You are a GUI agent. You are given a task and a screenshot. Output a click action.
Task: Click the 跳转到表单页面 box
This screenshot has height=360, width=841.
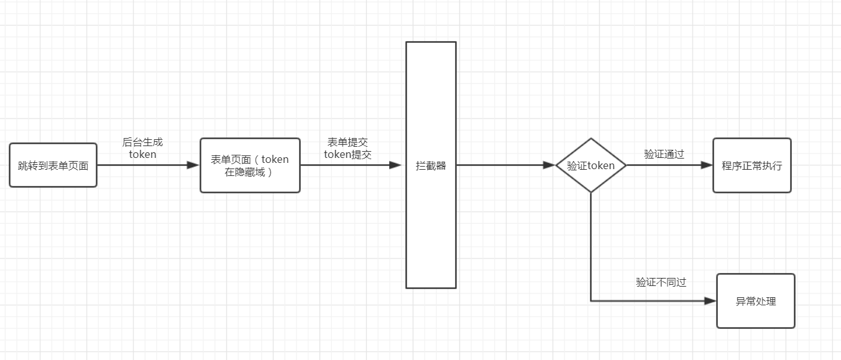(53, 165)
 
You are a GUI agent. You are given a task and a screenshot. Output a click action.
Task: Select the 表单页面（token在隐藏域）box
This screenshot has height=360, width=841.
(250, 165)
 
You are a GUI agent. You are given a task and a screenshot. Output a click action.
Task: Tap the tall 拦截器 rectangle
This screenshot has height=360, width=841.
(431, 165)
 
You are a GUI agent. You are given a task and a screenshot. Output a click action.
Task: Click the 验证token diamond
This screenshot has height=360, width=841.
(591, 165)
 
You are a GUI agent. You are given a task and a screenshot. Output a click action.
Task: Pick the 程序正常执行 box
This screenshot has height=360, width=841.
(752, 165)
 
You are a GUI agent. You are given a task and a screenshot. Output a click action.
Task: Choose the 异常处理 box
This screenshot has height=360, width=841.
(756, 301)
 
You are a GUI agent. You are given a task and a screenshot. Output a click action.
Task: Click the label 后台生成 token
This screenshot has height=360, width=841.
(142, 148)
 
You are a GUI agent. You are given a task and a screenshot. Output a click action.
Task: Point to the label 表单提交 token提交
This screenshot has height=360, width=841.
(348, 149)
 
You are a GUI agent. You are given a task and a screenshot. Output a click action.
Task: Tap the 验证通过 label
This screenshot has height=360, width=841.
(664, 154)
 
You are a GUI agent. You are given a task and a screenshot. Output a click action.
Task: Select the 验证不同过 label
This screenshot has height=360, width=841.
(661, 282)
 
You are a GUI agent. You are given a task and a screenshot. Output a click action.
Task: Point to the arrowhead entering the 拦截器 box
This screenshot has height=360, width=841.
(396, 165)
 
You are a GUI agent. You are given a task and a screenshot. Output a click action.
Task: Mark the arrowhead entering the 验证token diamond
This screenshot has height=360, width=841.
(549, 165)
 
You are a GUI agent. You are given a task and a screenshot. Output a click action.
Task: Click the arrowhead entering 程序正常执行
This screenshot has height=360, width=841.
(707, 165)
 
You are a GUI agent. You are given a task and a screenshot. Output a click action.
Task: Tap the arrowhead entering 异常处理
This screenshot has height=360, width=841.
(710, 301)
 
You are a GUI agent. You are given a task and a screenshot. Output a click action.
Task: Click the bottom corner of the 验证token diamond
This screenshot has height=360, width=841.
(591, 192)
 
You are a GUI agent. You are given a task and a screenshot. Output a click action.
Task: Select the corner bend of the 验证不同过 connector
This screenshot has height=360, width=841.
(591, 301)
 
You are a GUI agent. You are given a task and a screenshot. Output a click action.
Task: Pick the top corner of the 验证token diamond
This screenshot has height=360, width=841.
(591, 139)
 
